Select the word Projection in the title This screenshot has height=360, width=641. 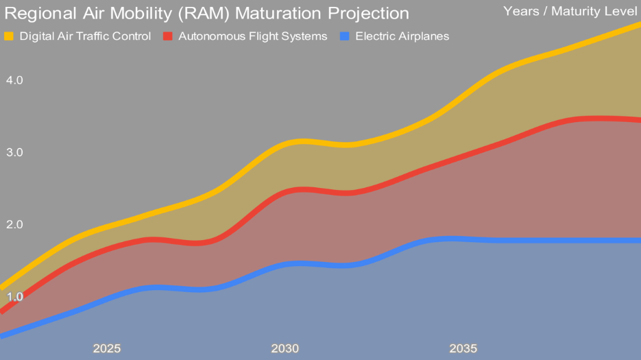[362, 14]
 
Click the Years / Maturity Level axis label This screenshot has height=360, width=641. [570, 11]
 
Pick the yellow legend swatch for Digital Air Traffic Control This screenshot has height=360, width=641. [9, 36]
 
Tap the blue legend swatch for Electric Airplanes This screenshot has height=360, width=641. [345, 36]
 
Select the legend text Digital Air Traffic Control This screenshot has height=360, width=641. [85, 36]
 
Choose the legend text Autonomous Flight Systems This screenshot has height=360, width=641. [253, 36]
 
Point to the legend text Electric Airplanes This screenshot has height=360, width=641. [402, 36]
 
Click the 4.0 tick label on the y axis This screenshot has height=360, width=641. [14, 80]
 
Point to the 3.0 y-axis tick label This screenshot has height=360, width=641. [14, 152]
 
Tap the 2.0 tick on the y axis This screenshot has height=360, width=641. [14, 225]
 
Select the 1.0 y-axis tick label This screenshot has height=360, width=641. [14, 297]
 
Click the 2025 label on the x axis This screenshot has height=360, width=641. [107, 348]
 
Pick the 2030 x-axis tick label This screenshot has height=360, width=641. [285, 348]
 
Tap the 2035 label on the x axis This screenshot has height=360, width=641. [463, 348]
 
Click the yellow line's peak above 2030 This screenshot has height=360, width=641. [300, 142]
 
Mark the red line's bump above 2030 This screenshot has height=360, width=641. [300, 189]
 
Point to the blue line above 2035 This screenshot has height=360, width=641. [463, 239]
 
